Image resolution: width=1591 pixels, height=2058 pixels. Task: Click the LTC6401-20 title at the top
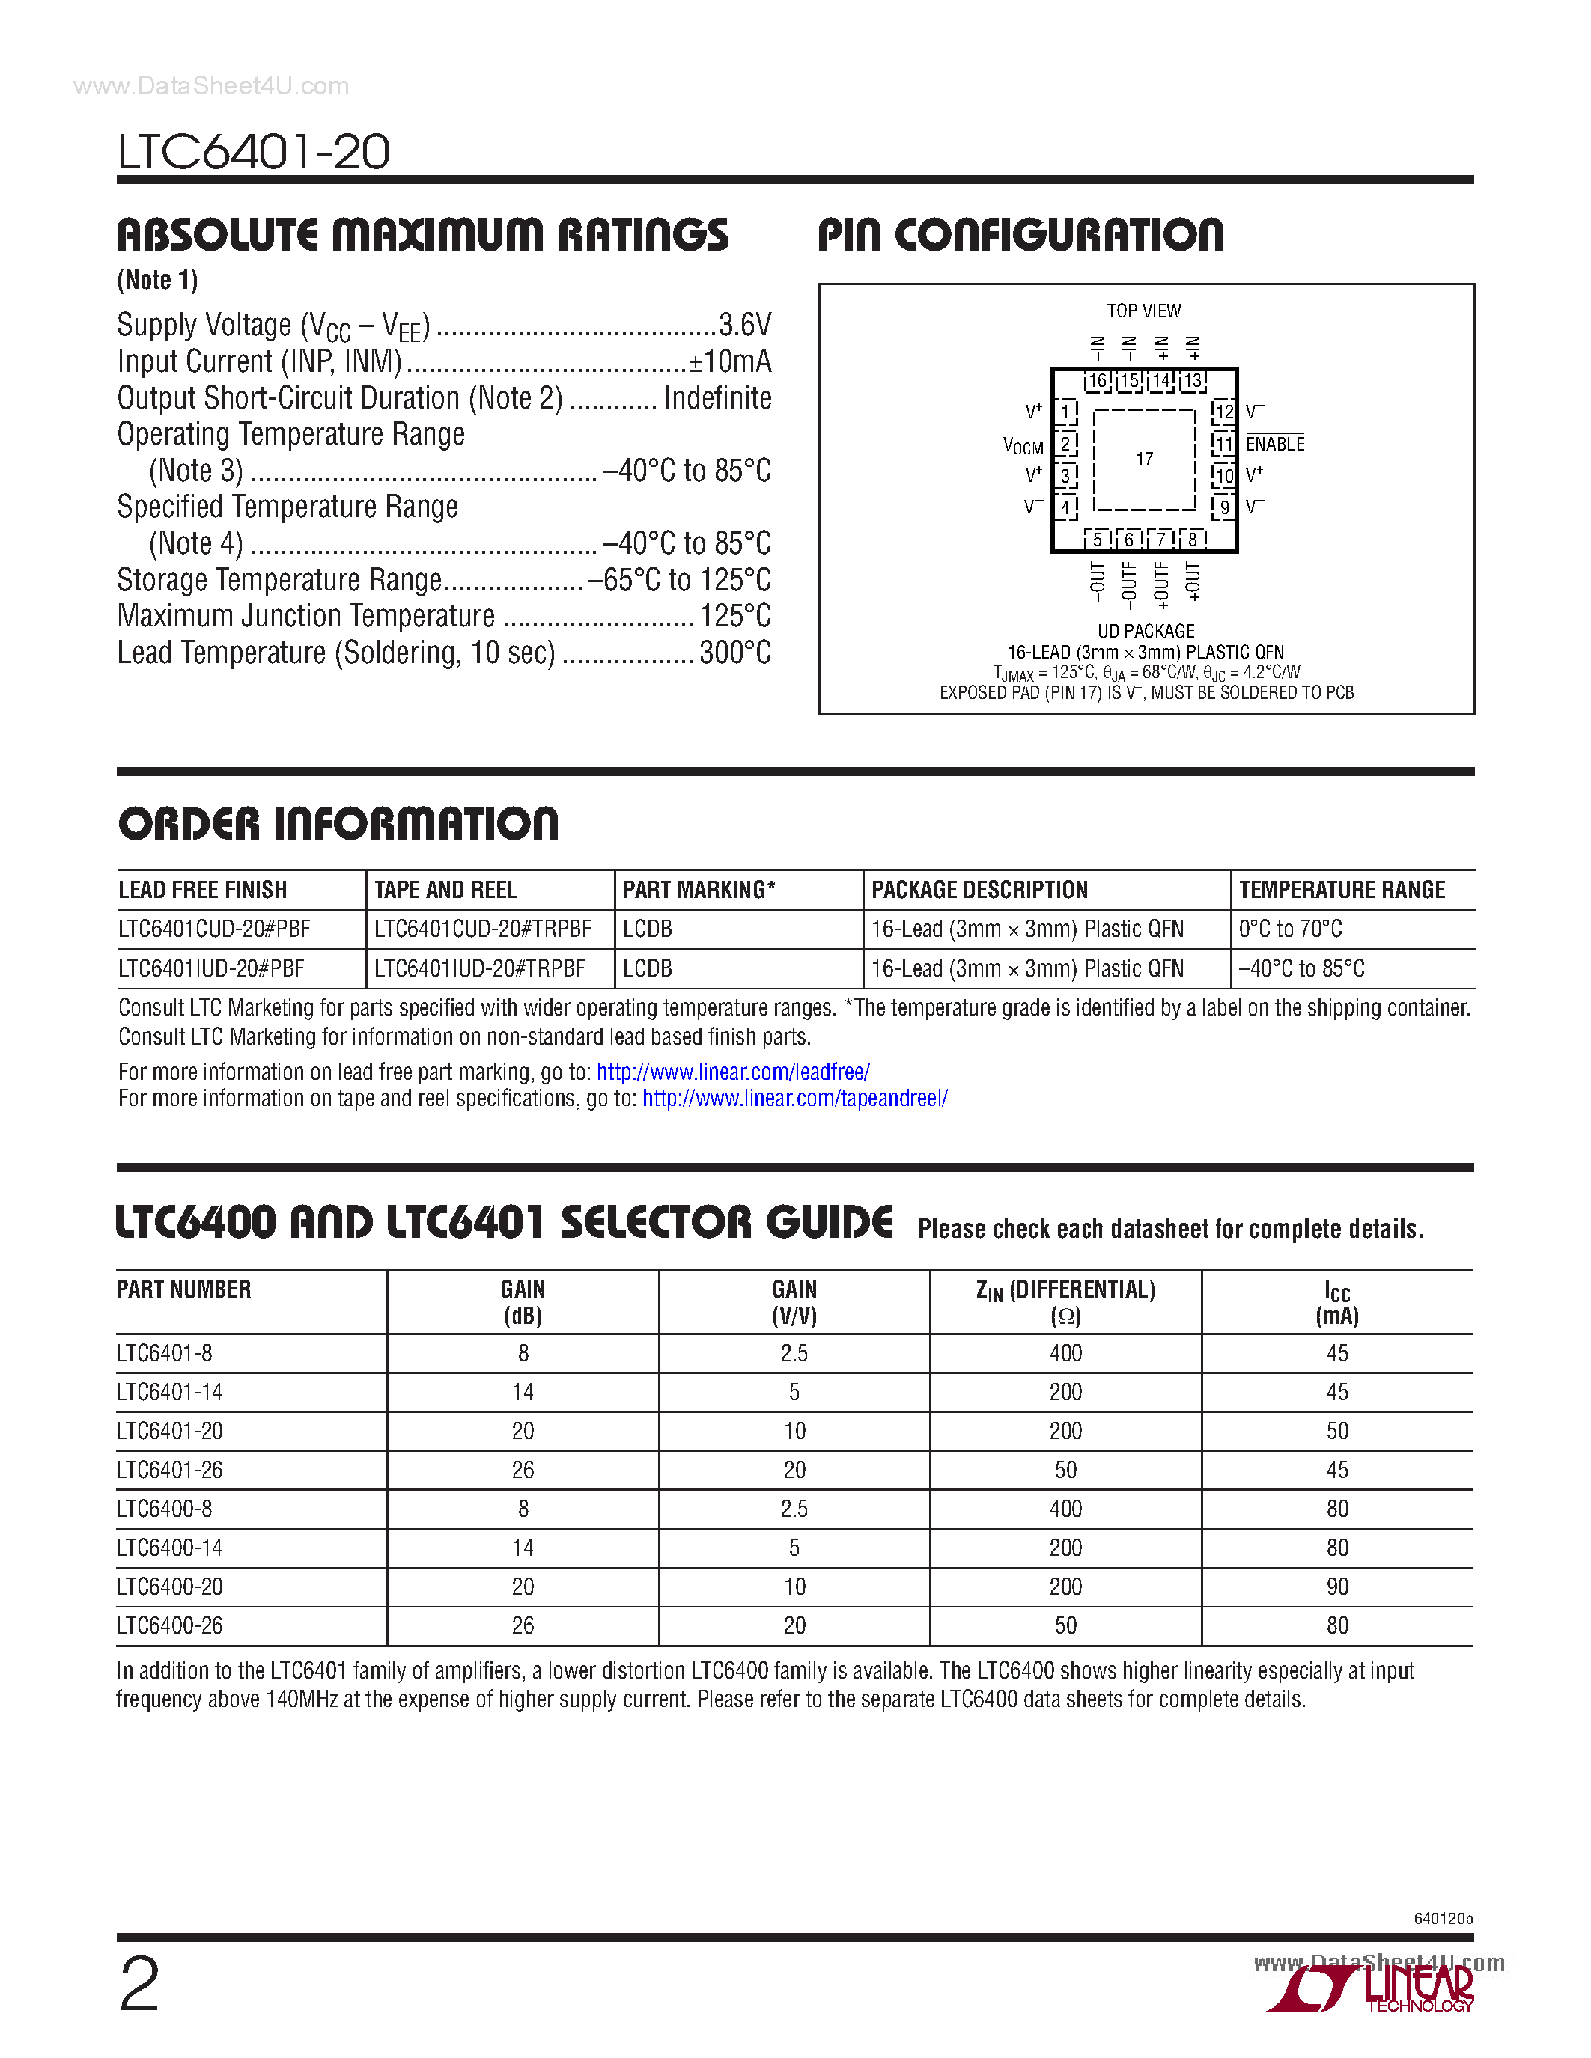pyautogui.click(x=252, y=152)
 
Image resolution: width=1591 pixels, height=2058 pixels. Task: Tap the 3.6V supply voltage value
pyautogui.click(x=745, y=325)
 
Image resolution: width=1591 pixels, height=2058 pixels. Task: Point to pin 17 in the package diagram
pyautogui.click(x=1144, y=459)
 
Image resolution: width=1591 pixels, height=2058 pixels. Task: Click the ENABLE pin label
pyautogui.click(x=1275, y=444)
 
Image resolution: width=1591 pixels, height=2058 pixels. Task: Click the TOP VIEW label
pyautogui.click(x=1143, y=311)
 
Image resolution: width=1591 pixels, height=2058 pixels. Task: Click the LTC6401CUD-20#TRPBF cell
pyautogui.click(x=483, y=929)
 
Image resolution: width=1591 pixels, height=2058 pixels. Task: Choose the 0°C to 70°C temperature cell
pyautogui.click(x=1289, y=929)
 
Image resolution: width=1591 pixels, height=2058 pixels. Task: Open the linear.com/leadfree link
pyautogui.click(x=732, y=1072)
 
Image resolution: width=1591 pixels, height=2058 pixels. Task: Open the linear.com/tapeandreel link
pyautogui.click(x=794, y=1099)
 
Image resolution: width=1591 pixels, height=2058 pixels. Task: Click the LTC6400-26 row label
pyautogui.click(x=170, y=1625)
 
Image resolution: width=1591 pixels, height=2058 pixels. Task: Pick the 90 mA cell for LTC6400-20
pyautogui.click(x=1336, y=1587)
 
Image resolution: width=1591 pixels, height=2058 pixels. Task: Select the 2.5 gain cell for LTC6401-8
pyautogui.click(x=794, y=1353)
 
